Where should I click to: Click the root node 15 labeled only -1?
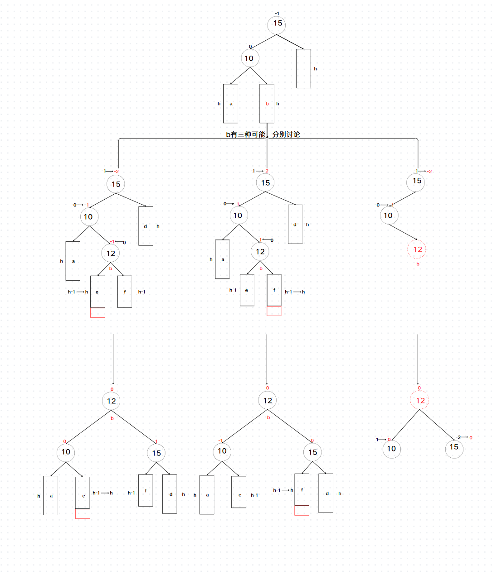tap(277, 24)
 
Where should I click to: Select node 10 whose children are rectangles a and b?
tap(249, 58)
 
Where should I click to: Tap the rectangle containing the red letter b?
tap(267, 104)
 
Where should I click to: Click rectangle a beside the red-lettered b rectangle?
tap(230, 104)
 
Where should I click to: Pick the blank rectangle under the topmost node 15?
tap(303, 68)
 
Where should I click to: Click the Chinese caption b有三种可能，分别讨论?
tap(263, 134)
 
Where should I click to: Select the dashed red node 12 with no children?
tap(417, 249)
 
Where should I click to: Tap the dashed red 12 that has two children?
tap(419, 400)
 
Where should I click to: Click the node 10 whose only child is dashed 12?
tap(389, 216)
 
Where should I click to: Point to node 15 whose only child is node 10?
tap(416, 182)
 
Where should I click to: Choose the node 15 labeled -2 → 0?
tap(454, 448)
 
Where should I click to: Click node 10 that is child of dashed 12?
tap(391, 449)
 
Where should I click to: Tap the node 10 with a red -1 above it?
tap(222, 451)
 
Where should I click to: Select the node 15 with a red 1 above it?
tap(156, 453)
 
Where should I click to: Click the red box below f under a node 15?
tap(302, 511)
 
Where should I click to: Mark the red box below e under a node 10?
tap(83, 514)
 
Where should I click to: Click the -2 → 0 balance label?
tap(464, 437)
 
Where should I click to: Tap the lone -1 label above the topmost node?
tap(277, 14)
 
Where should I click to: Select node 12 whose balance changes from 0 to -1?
tap(111, 254)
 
